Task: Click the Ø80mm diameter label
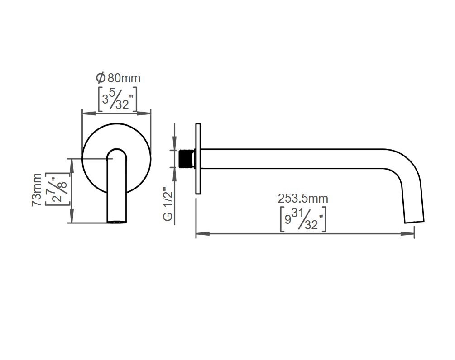coord(118,78)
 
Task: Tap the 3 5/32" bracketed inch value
coord(118,99)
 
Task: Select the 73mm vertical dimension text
coord(37,190)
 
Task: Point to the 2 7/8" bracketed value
coord(58,190)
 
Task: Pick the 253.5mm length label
coord(303,199)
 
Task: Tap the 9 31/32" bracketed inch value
coord(303,219)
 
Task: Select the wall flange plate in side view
coord(198,159)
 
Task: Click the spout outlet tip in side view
coord(414,222)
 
